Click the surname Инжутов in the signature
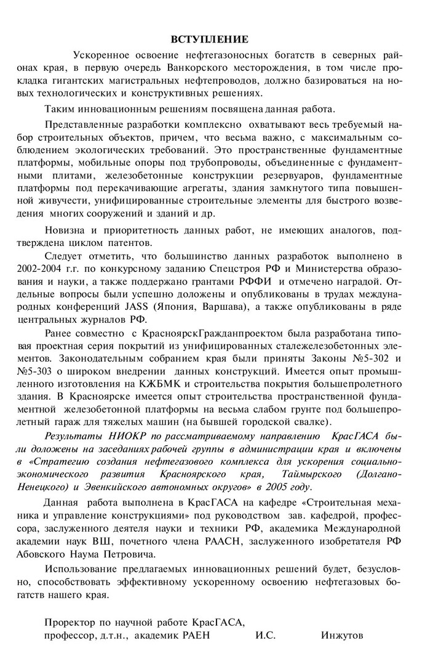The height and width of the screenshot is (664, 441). click(x=342, y=635)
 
